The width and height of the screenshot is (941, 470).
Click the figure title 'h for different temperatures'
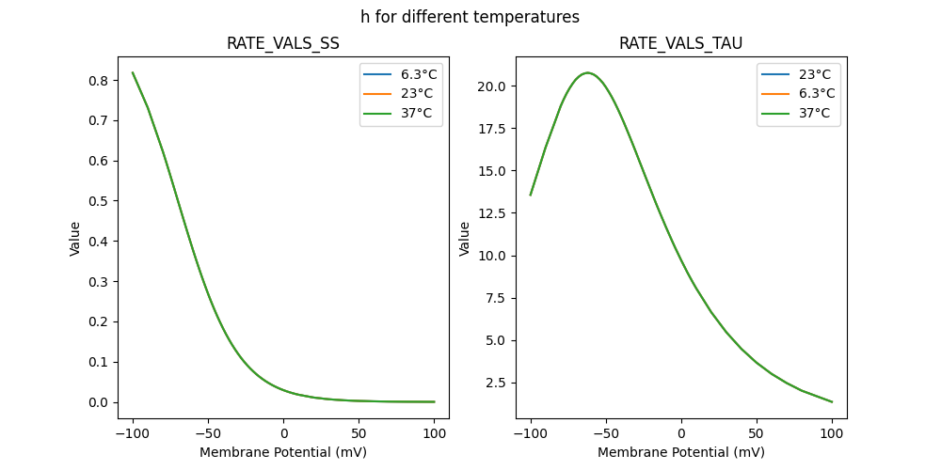470,17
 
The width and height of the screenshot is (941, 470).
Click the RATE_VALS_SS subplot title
283,44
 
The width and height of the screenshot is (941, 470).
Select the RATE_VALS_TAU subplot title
680,44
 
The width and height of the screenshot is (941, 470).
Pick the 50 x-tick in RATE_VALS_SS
359,433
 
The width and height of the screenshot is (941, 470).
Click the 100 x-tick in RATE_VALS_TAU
832,433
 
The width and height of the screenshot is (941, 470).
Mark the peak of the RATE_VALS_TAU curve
587,72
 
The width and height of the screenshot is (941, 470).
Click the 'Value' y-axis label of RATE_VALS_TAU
465,239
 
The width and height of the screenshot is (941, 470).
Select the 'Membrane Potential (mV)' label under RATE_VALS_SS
283,452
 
